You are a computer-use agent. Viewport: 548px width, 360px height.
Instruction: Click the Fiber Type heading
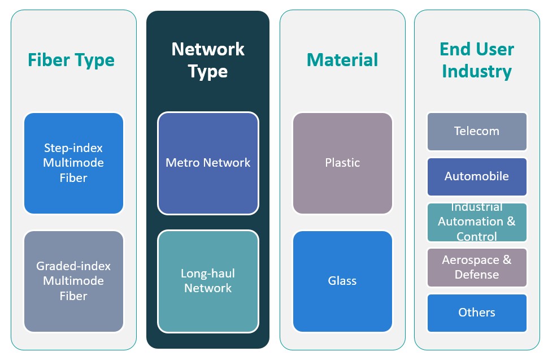click(x=71, y=60)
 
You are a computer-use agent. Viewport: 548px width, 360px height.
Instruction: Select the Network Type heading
click(x=208, y=60)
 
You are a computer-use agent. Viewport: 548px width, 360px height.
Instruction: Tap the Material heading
click(x=342, y=60)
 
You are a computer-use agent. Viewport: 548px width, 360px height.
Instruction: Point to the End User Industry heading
click(x=477, y=60)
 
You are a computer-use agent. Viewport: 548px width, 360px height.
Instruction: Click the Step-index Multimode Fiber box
click(x=73, y=163)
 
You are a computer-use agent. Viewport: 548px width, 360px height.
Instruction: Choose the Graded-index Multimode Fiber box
click(x=73, y=281)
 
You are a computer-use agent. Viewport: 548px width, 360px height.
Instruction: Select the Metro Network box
click(x=208, y=163)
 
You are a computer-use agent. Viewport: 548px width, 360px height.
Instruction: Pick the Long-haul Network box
click(x=208, y=281)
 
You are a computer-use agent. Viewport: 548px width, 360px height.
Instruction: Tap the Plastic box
click(x=342, y=163)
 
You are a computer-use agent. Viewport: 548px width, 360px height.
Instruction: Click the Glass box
click(x=342, y=281)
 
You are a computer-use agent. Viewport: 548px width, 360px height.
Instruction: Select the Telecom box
click(x=477, y=131)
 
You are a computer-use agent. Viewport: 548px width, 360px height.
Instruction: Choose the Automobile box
click(x=477, y=176)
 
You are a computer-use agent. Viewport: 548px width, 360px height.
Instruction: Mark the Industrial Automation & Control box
click(x=477, y=222)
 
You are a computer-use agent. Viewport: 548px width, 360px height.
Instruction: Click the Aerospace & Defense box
click(x=477, y=267)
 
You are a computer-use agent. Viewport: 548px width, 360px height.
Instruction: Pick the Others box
click(x=477, y=313)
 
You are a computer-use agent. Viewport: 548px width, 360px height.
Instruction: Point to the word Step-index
click(x=73, y=148)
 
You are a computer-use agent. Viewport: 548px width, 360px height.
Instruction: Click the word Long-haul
click(x=208, y=274)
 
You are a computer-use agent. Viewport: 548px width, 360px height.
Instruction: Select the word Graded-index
click(x=73, y=266)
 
